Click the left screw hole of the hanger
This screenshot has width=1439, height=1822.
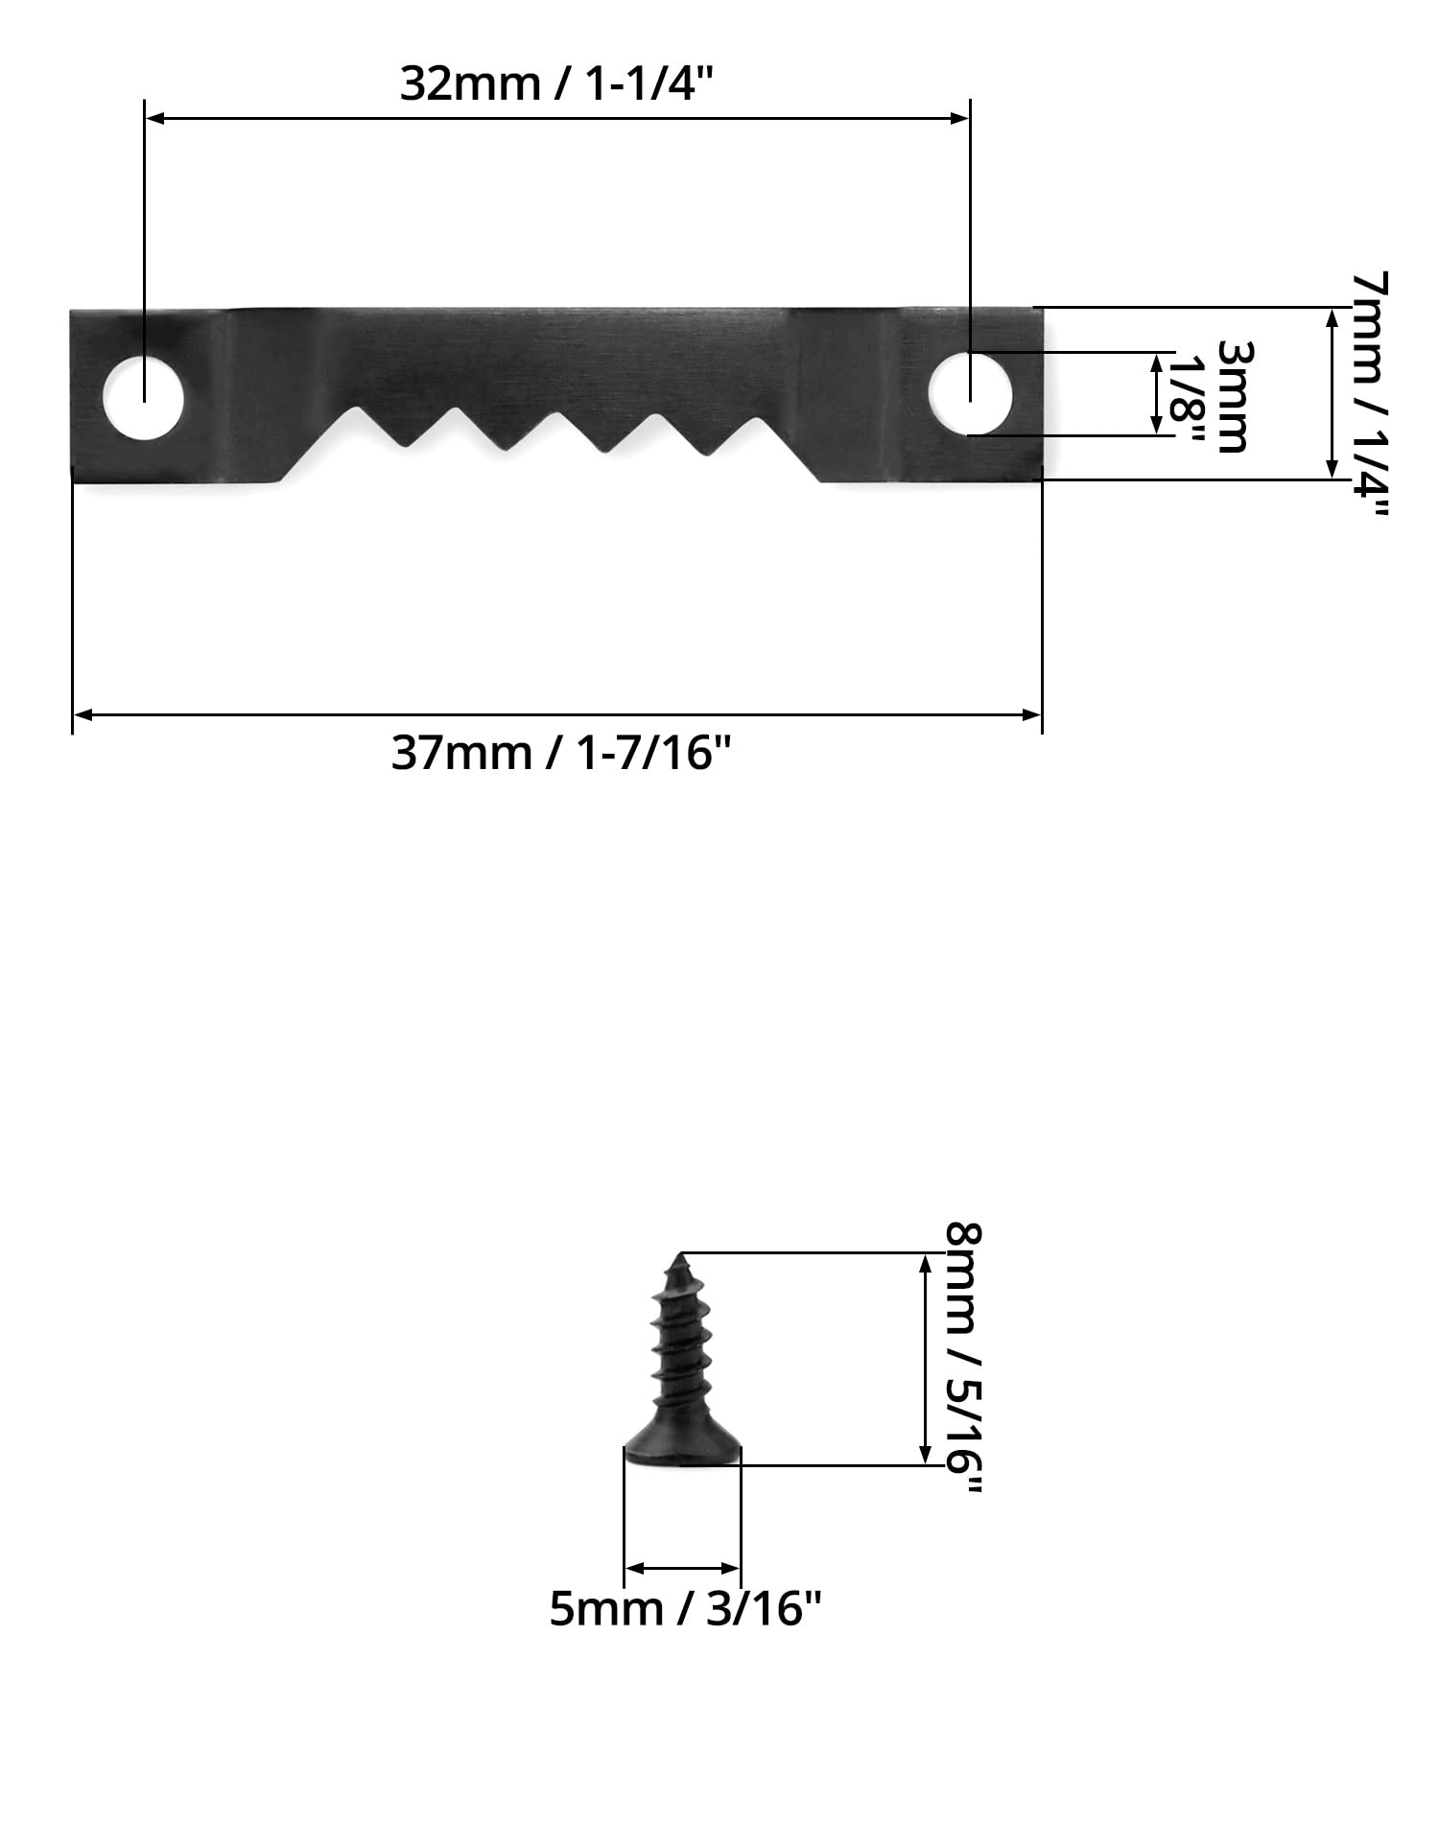click(x=144, y=399)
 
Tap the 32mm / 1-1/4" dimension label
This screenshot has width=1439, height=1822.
click(x=557, y=84)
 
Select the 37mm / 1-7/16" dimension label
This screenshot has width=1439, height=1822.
click(x=561, y=754)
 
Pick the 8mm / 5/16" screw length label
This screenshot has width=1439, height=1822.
click(x=964, y=1357)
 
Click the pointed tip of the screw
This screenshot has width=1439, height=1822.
click(x=680, y=1253)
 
